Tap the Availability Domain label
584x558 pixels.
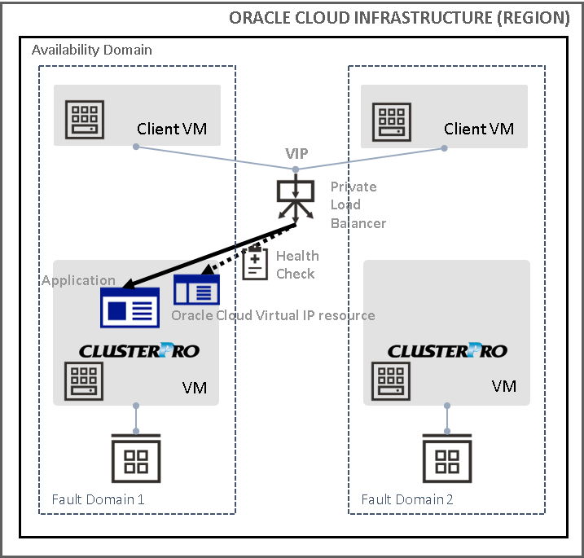[91, 51]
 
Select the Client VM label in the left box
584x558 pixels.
[177, 129]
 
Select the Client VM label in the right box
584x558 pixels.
[478, 129]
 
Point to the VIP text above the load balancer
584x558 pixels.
[296, 154]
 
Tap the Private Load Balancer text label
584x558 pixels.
[358, 204]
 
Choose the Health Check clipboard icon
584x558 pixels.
[255, 263]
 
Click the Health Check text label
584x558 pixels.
[297, 265]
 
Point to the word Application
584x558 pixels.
[78, 280]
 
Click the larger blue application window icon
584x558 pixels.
[129, 307]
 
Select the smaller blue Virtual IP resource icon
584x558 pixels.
[196, 289]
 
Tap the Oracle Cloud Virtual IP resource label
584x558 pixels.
[273, 315]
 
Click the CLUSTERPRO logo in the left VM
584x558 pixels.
[138, 351]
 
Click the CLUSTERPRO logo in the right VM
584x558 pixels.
[447, 351]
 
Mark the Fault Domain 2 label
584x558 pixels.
[407, 499]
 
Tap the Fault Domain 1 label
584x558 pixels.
[98, 499]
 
